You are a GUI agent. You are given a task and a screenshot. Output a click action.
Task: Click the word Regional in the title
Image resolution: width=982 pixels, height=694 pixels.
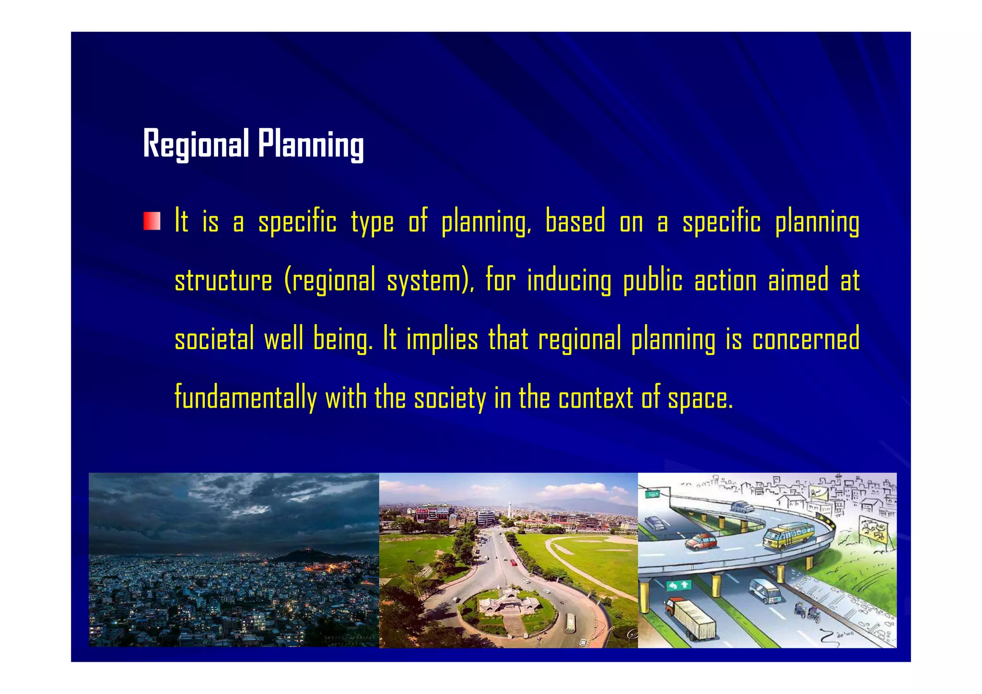point(196,143)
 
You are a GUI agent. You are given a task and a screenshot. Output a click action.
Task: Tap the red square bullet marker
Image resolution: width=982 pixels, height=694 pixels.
point(152,221)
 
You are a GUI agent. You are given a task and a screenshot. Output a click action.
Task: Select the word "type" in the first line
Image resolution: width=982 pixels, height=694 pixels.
point(372,223)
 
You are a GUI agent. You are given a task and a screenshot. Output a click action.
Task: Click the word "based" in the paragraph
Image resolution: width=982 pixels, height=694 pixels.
point(575,222)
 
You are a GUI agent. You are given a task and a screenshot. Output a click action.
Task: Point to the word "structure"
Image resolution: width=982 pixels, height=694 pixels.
point(223,281)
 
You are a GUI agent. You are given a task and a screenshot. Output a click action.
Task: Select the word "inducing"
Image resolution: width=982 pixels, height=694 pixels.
point(569,281)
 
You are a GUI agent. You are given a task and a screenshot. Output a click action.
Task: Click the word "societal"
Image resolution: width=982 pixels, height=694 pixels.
point(214,339)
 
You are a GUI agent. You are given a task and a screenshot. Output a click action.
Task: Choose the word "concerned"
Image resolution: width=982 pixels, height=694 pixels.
point(806,339)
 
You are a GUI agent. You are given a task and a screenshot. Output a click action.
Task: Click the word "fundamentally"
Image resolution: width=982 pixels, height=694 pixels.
point(245,398)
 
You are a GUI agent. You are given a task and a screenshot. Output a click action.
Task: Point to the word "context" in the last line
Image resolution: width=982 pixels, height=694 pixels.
point(596,398)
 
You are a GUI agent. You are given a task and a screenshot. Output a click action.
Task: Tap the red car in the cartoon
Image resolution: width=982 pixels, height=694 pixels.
point(701,542)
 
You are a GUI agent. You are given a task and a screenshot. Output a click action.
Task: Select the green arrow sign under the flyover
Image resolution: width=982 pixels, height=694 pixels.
point(679,585)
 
